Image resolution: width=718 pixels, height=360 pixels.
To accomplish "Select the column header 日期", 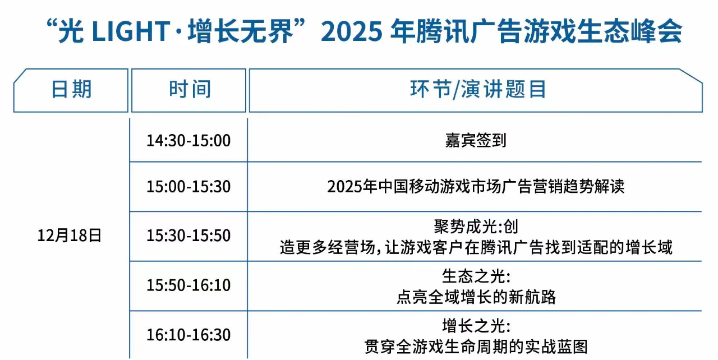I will tap(71, 90).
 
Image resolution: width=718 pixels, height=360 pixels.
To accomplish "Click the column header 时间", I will tap(190, 90).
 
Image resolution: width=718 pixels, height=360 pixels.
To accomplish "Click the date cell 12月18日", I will tap(70, 236).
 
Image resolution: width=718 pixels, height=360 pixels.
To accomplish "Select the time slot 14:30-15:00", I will tap(188, 141).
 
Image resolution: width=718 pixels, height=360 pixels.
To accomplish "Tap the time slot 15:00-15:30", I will tap(188, 187).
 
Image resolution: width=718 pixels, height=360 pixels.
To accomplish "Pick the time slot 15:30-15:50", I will tap(188, 236).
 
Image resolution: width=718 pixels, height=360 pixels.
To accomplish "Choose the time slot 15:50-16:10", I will tap(188, 285).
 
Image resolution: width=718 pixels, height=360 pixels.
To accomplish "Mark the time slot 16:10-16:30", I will tap(188, 335).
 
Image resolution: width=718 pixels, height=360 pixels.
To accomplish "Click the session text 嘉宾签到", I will tap(476, 141).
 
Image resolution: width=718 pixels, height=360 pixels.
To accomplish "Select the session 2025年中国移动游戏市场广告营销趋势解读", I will tap(476, 187).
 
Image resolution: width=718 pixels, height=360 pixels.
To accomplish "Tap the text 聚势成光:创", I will tap(476, 227).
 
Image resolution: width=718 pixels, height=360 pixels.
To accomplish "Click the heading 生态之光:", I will tap(476, 276).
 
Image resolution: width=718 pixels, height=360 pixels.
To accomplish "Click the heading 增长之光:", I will tap(476, 326).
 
